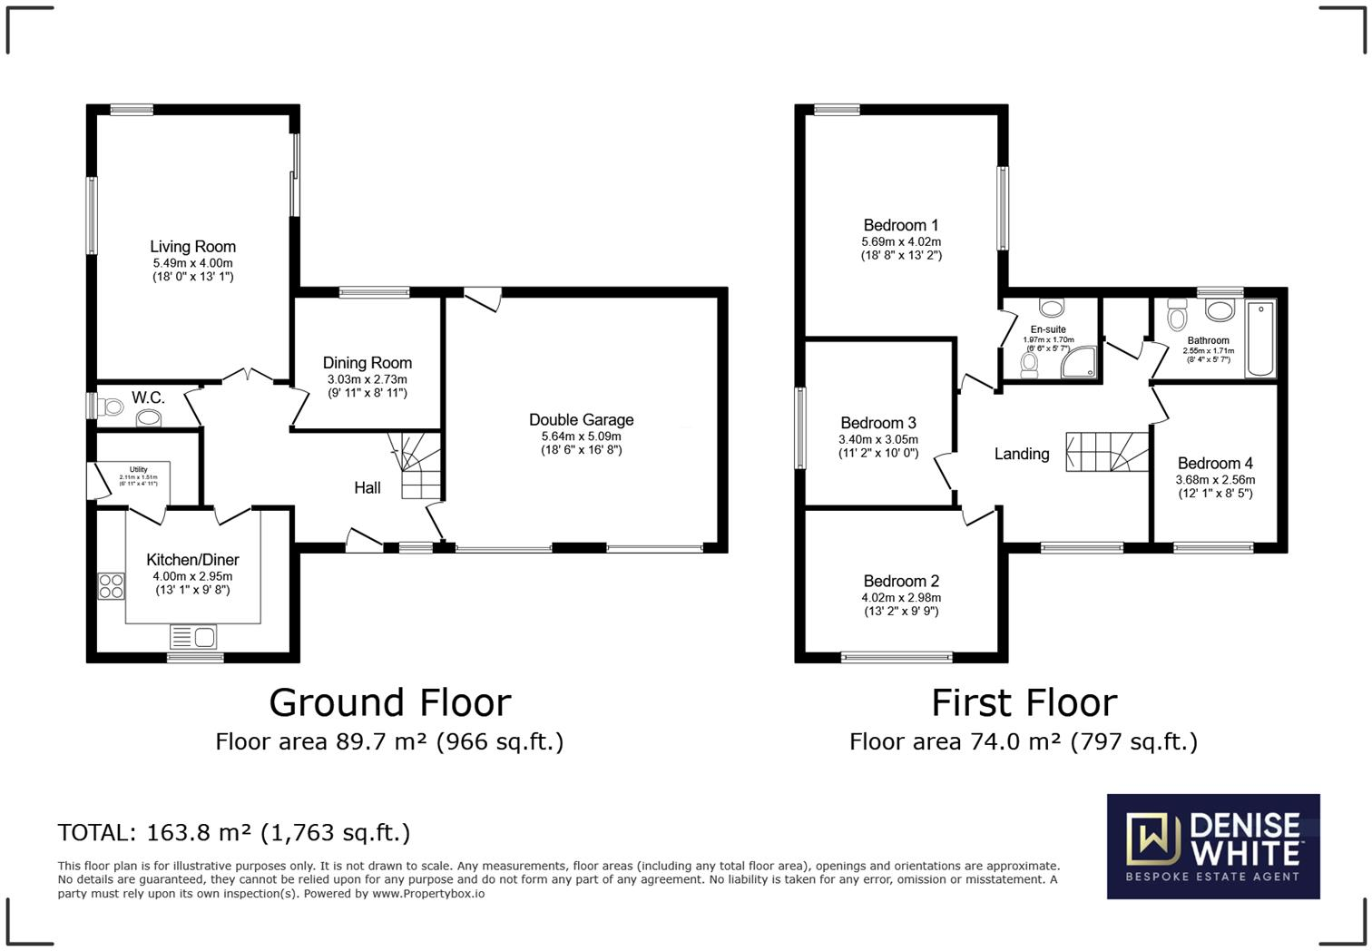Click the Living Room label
(192, 247)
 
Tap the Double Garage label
(581, 420)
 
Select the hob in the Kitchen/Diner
(111, 586)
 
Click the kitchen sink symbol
(193, 637)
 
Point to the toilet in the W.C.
(112, 407)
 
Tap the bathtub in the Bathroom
(1260, 338)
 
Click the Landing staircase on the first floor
(1107, 452)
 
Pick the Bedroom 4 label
(1214, 464)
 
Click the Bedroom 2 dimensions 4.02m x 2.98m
(900, 598)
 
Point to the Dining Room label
(367, 363)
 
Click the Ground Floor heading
(390, 703)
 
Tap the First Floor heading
(1024, 703)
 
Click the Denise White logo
(1212, 846)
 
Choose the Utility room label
(138, 469)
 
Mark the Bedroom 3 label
(877, 423)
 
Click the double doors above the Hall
(248, 375)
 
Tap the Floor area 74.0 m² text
(1023, 742)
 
